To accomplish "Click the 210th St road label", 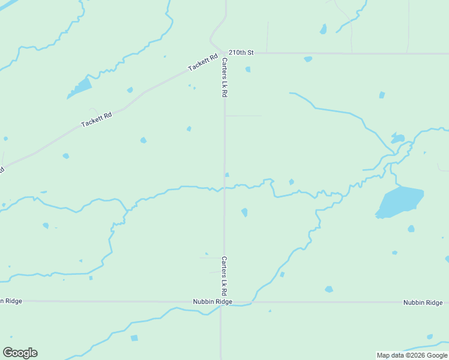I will point(241,53).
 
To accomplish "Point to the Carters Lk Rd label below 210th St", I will point(224,78).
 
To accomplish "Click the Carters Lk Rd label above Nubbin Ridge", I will point(224,276).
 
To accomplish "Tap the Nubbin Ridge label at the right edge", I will point(422,302).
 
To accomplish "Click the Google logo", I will point(20,353).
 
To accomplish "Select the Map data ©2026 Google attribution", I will point(412,355).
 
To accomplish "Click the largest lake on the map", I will point(400,202).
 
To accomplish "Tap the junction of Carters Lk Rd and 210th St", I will point(225,53).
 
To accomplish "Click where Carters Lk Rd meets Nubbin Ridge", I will point(222,302).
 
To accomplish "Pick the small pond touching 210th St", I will point(308,59).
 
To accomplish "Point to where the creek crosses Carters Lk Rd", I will point(224,188).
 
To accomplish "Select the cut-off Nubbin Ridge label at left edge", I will point(11,301).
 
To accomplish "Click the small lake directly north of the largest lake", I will point(397,139).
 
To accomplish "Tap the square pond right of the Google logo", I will point(134,338).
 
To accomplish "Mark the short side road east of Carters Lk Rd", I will point(243,116).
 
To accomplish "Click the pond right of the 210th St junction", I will point(247,70).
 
